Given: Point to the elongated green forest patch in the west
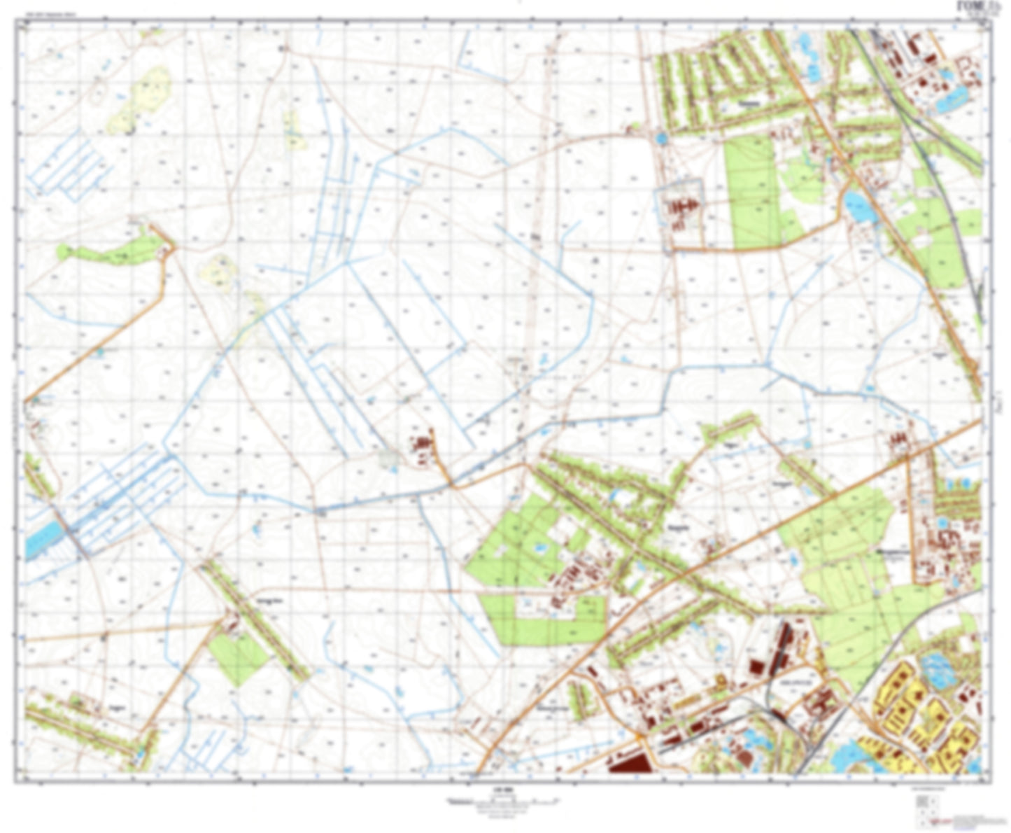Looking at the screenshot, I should tap(112, 250).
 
